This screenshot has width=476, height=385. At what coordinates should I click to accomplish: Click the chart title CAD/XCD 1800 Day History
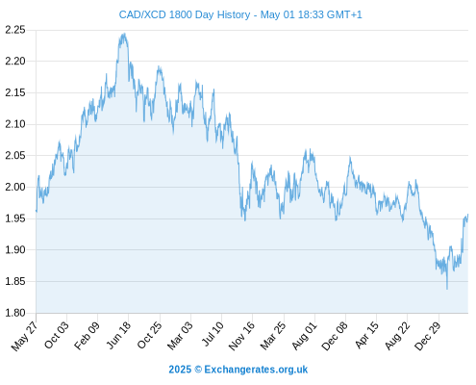click(x=185, y=14)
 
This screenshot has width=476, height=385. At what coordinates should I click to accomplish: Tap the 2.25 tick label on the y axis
click(x=15, y=30)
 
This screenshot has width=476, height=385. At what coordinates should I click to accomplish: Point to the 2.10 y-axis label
click(x=15, y=124)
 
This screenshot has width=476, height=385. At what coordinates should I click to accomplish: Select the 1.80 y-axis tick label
click(x=15, y=313)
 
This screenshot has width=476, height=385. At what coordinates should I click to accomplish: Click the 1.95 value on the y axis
click(x=15, y=218)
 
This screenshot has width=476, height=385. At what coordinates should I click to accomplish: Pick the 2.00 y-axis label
click(x=15, y=187)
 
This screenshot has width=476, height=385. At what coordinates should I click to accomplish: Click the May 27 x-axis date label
click(x=24, y=336)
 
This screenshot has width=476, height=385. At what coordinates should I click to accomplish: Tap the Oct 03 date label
click(x=57, y=335)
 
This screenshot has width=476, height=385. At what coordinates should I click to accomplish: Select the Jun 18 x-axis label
click(x=118, y=335)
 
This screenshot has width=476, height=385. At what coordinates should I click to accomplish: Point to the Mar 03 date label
click(x=180, y=335)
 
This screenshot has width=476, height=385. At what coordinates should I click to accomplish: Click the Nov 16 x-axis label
click(x=242, y=336)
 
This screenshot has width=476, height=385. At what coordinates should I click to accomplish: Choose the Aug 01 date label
click(x=304, y=336)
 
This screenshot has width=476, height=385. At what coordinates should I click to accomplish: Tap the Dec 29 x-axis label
click(x=428, y=336)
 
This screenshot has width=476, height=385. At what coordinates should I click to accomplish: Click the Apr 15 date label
click(x=366, y=335)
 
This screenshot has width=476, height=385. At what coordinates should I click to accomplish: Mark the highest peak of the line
click(x=124, y=34)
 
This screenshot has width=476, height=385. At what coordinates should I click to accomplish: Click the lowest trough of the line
click(x=447, y=289)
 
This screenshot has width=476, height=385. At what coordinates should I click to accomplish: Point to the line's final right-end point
click(x=468, y=215)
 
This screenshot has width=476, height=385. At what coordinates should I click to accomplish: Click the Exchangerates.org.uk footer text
click(x=256, y=370)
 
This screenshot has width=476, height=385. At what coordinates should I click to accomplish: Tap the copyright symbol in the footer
click(x=198, y=370)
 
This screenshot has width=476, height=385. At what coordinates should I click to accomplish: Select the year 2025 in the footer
click(x=180, y=370)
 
